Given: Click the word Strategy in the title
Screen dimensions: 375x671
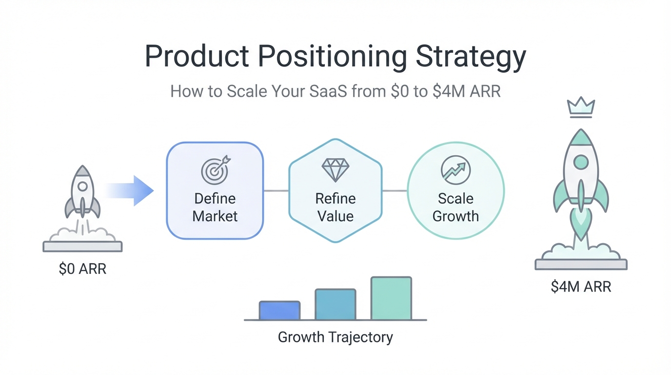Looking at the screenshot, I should [471, 58].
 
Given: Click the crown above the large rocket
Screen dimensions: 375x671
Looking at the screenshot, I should [581, 107].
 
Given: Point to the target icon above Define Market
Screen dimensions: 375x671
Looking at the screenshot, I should [215, 169].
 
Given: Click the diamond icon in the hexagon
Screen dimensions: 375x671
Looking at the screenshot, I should [335, 169].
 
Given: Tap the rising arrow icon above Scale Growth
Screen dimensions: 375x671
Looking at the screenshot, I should [455, 170].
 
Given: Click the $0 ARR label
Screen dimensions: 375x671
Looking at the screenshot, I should [82, 269].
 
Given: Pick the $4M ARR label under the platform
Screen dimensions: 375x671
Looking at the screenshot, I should [581, 286].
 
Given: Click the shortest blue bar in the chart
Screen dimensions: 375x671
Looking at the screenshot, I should [279, 311].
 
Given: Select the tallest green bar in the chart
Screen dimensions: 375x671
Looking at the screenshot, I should [391, 298].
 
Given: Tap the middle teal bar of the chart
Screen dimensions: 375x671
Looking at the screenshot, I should [335, 305].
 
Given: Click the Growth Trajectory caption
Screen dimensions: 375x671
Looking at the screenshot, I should [335, 337].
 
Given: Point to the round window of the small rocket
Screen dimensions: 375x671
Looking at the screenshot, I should [82, 186].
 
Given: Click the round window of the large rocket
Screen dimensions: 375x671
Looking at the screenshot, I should [581, 162].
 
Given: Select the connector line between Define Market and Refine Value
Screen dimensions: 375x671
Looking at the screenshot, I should [276, 190].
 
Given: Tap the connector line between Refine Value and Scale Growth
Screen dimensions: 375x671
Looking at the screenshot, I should [395, 190].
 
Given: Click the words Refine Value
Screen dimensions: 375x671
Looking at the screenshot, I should [335, 207].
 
